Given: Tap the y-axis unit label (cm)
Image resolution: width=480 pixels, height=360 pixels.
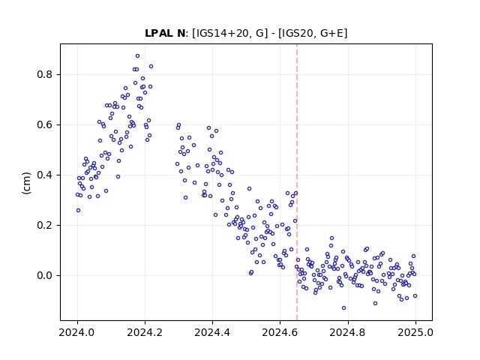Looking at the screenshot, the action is (x=27, y=183).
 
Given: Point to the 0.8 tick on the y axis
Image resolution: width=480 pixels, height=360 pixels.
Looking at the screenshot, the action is (x=45, y=75).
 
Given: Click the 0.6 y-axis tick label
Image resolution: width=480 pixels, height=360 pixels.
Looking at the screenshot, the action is (x=45, y=125).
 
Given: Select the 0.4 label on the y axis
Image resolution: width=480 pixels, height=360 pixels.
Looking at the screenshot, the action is (x=45, y=175).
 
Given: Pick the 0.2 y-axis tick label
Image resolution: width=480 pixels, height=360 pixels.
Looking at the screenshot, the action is (x=45, y=225).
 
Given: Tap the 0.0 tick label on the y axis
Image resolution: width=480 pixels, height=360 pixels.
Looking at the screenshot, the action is (x=45, y=275).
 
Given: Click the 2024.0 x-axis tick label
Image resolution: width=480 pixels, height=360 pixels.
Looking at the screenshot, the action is (x=77, y=332).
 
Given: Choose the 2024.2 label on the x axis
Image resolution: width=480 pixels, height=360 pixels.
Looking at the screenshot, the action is (x=145, y=332).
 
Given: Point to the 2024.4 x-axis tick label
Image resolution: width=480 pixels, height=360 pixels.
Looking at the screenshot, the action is (x=212, y=332).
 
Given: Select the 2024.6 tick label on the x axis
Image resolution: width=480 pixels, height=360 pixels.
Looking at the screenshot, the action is (x=280, y=332).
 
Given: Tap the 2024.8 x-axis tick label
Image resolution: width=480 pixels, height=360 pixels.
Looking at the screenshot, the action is (x=347, y=332).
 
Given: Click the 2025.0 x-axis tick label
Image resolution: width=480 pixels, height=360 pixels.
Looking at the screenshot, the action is (x=415, y=332).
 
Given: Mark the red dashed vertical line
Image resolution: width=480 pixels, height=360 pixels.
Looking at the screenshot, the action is (x=297, y=182).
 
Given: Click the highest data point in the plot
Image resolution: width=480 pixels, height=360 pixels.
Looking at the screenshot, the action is (x=137, y=56).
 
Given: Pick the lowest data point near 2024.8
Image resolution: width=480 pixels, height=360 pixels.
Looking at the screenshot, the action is (x=343, y=308).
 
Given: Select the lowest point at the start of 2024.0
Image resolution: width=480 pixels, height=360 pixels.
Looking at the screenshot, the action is (x=78, y=210).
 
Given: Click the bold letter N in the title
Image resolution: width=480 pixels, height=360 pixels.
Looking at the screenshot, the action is (x=181, y=33).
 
